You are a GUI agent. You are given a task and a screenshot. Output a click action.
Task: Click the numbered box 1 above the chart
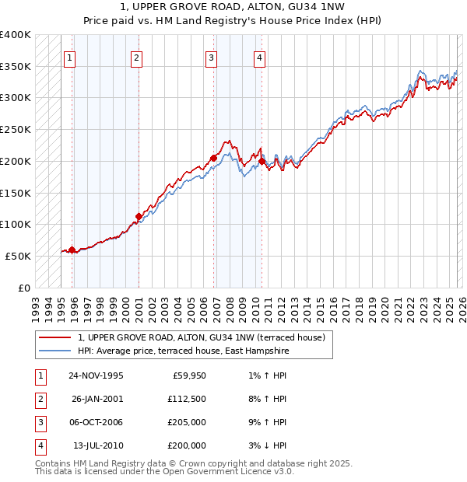(x=70, y=57)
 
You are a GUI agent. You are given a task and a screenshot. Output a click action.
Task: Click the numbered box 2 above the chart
(x=136, y=57)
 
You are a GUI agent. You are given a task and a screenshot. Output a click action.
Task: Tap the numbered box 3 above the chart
(x=211, y=57)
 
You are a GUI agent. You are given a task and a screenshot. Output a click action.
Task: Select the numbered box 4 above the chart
(x=259, y=57)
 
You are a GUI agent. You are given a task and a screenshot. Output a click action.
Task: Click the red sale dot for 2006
(x=213, y=158)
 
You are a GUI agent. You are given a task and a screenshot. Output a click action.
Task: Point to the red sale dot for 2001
(x=139, y=216)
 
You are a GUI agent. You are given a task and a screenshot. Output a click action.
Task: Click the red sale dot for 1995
(x=72, y=250)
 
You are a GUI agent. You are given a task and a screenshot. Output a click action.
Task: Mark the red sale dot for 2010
(x=262, y=161)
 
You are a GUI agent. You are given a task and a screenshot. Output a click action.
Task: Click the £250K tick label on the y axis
(x=16, y=129)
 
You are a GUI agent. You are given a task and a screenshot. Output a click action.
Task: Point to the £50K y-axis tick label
(x=19, y=256)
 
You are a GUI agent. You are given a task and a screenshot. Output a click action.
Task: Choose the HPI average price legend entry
(x=183, y=351)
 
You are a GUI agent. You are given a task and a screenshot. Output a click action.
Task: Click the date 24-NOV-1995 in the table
(x=96, y=375)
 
